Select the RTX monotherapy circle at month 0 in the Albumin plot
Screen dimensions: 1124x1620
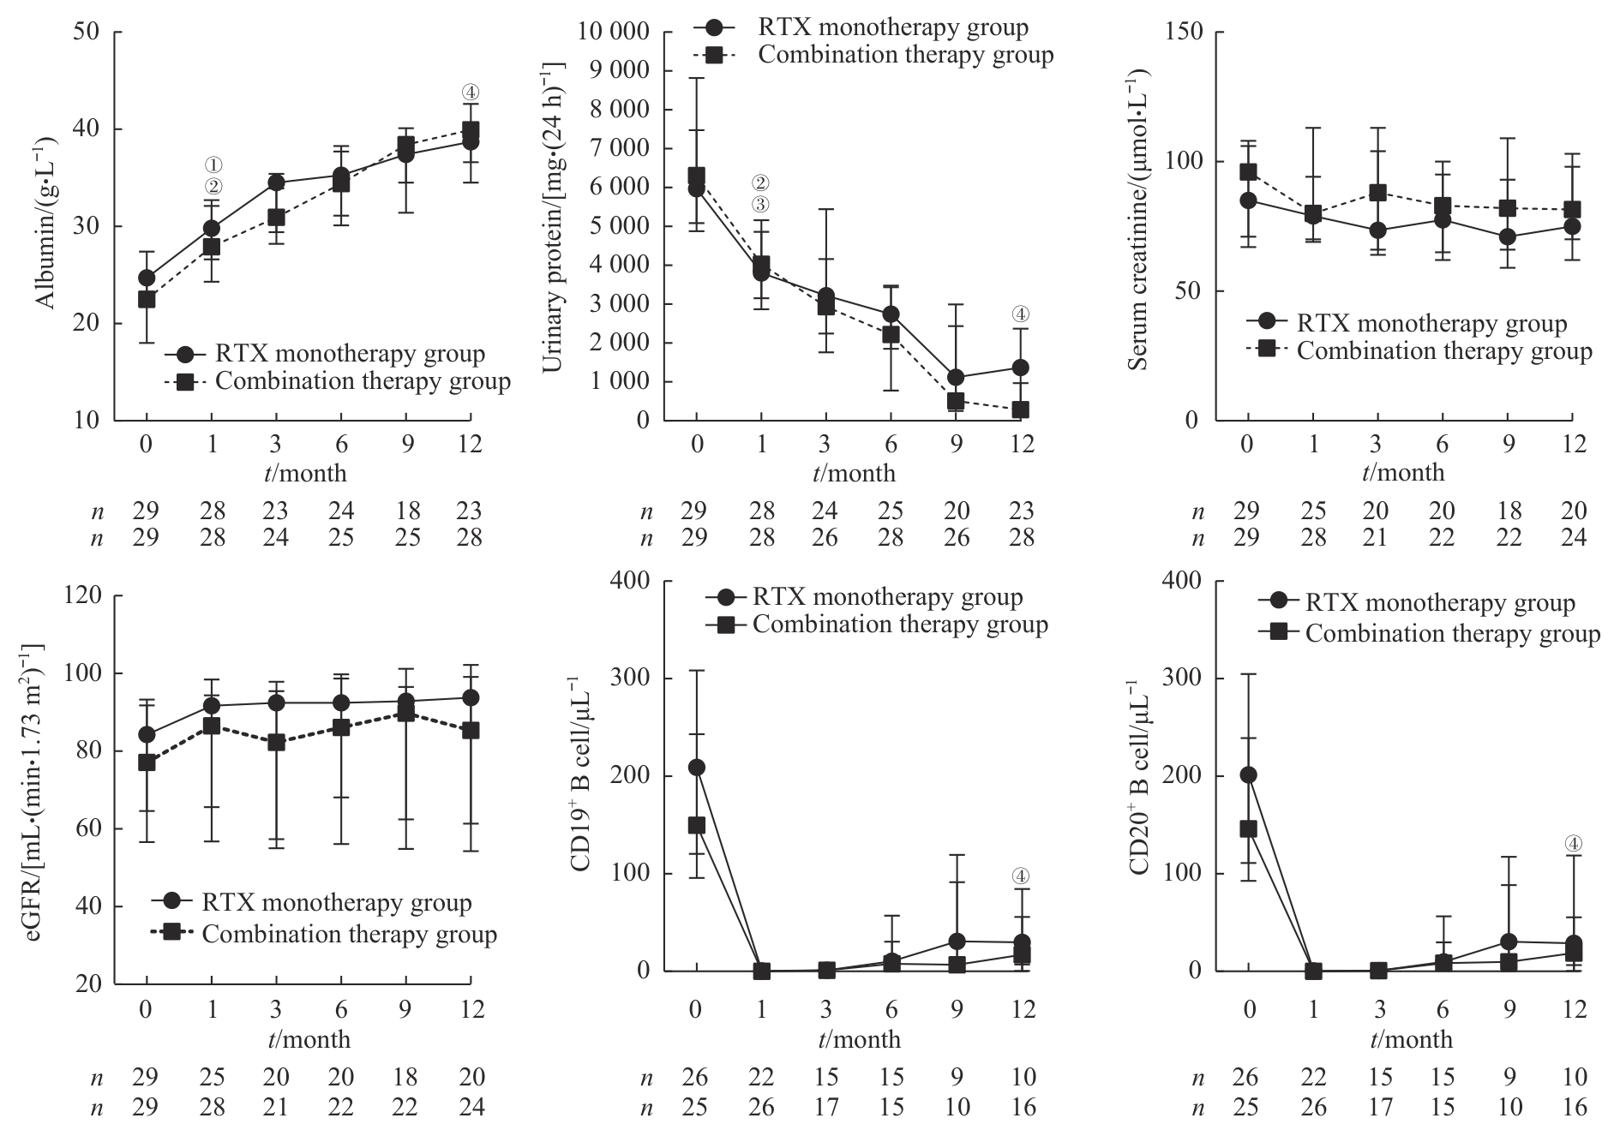pyautogui.click(x=147, y=278)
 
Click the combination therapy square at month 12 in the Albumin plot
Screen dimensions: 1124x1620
pyautogui.click(x=470, y=130)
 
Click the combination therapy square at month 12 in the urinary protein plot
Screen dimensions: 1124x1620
pyautogui.click(x=1020, y=410)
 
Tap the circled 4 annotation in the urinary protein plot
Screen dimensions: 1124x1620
pyautogui.click(x=1020, y=314)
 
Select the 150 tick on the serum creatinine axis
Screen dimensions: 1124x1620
pyautogui.click(x=1184, y=33)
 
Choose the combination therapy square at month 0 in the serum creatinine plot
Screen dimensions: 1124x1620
pyautogui.click(x=1248, y=172)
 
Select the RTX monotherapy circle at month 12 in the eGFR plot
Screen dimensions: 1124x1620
pyautogui.click(x=471, y=697)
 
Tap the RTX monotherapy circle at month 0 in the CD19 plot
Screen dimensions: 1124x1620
pyautogui.click(x=697, y=767)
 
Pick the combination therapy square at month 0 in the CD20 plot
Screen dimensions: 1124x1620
pyautogui.click(x=1249, y=828)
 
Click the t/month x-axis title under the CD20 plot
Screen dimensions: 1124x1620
pyautogui.click(x=1411, y=1040)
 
